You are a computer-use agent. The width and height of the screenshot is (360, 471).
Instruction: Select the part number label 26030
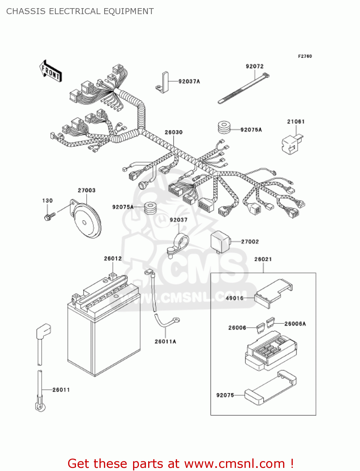[x=174, y=132]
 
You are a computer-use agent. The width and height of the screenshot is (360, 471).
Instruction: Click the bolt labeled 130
[x=49, y=216]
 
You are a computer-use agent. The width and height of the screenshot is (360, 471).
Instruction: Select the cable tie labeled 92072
[x=243, y=89]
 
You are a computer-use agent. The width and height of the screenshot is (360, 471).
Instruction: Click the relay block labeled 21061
[x=292, y=144]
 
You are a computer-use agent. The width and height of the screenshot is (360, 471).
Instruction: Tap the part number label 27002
[x=250, y=241]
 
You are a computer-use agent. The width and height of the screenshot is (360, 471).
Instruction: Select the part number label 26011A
[x=165, y=341]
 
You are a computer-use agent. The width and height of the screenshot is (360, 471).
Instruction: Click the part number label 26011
[x=61, y=390]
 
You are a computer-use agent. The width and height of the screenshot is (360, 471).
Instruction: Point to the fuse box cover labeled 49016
[x=273, y=293]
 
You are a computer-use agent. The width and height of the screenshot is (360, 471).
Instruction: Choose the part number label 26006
[x=237, y=328]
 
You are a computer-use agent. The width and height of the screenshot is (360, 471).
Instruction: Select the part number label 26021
[x=263, y=259]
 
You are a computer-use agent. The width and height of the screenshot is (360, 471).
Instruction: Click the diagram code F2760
[x=305, y=56]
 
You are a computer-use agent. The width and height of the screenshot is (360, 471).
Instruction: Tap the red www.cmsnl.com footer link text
[x=234, y=463]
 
